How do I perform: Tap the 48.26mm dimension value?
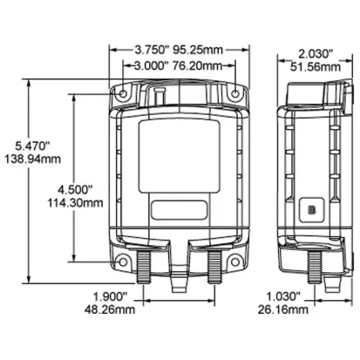(x=106, y=309)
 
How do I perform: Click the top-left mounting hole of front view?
(x=123, y=92)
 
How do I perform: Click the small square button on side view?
(x=310, y=209)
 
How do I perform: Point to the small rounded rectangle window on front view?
(x=178, y=209)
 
